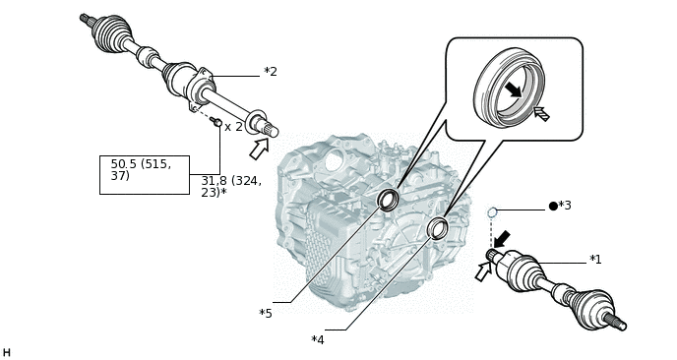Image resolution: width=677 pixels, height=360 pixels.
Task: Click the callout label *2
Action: pos(271,71)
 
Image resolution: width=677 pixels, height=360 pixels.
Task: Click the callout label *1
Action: pos(595,259)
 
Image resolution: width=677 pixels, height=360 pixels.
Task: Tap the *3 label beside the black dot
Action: pos(565,206)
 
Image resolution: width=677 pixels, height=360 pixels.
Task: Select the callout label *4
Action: pos(317,339)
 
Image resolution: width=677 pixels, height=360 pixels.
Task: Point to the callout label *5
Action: pos(266,313)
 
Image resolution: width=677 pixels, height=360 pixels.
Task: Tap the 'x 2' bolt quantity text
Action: pos(233,127)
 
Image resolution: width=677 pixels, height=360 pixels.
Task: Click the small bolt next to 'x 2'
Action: pos(216,122)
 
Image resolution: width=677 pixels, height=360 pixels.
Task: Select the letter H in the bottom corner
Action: pos(6,353)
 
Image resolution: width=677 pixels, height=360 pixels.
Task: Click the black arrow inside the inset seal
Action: pos(514,90)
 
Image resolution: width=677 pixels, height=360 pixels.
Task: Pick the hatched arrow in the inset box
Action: pos(541,113)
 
